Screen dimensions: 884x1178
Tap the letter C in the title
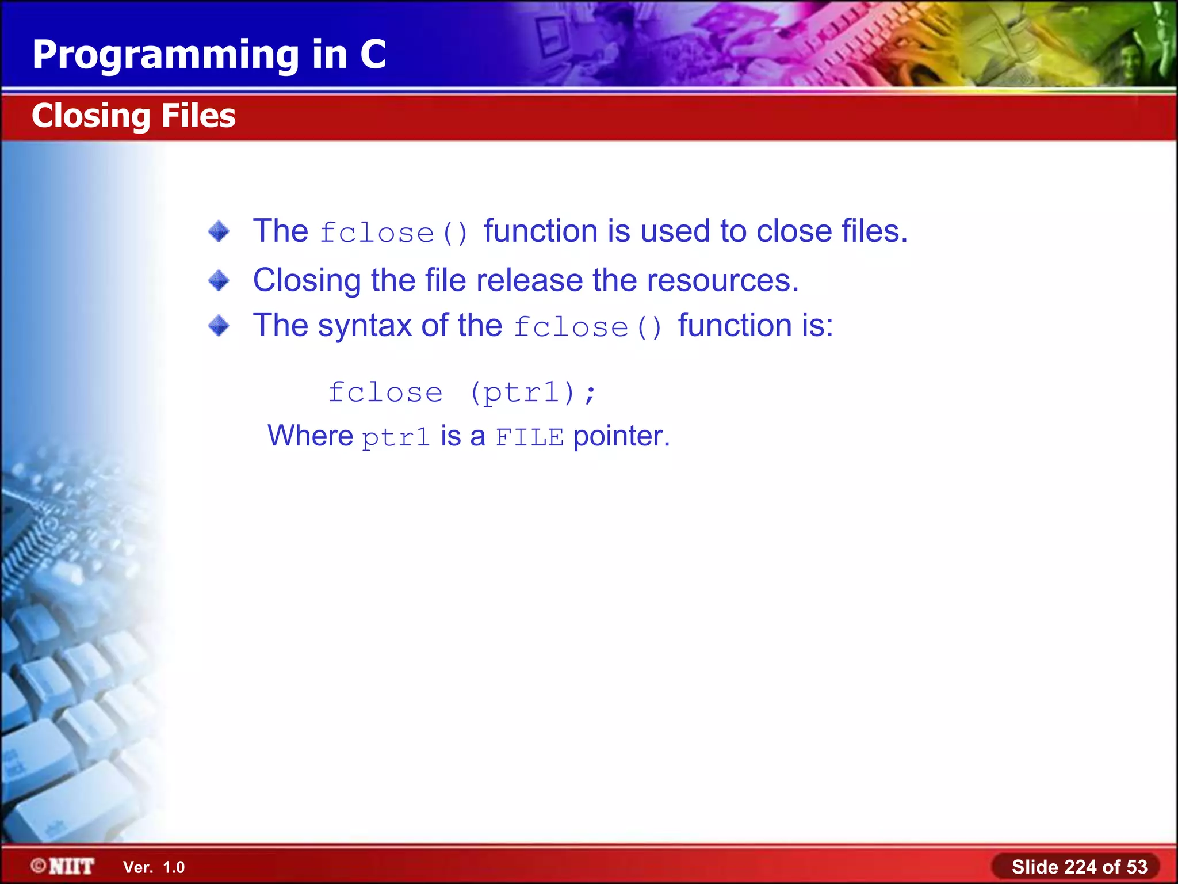point(373,55)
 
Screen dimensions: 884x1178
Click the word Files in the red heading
point(198,116)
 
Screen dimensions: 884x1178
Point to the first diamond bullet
point(219,231)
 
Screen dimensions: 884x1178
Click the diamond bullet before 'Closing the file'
point(219,281)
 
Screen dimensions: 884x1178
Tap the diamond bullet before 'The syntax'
point(219,326)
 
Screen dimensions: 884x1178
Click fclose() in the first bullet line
point(395,233)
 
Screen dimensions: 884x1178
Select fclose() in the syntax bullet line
point(588,327)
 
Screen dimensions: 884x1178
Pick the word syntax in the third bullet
point(365,326)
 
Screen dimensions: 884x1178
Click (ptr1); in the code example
point(533,393)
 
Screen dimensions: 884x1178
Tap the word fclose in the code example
point(385,393)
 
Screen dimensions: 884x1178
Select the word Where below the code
point(310,436)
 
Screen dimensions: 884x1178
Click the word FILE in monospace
point(530,437)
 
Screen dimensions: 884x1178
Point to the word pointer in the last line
point(621,436)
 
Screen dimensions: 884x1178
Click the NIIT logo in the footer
point(63,866)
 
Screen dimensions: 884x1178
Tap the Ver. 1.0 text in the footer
point(154,867)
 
